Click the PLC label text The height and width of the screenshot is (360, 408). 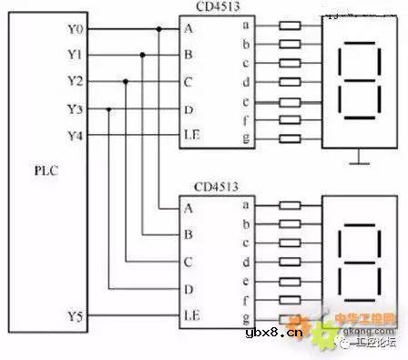click(x=45, y=170)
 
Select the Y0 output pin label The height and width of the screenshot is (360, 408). click(x=75, y=28)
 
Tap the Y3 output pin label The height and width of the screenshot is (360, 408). click(x=75, y=109)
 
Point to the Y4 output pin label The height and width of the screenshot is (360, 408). click(x=75, y=136)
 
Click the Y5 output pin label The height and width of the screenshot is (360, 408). click(x=75, y=316)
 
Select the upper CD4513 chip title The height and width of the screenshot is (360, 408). click(x=213, y=7)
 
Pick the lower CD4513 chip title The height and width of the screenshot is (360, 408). click(x=213, y=187)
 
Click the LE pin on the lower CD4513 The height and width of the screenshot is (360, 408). click(x=192, y=315)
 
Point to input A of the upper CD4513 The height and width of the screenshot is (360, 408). click(x=189, y=28)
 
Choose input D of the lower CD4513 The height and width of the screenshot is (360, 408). click(x=189, y=289)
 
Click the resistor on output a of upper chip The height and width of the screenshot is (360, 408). click(x=289, y=28)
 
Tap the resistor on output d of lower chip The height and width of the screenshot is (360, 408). click(x=289, y=262)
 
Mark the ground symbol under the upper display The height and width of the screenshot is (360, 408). click(x=362, y=161)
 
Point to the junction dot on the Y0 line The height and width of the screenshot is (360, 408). click(x=159, y=28)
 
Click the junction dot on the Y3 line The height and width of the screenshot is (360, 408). click(x=108, y=109)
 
